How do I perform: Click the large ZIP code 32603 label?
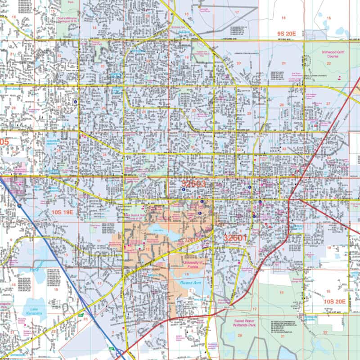tap(194, 184)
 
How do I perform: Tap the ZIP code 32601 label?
tap(236, 238)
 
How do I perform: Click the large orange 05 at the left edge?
tap(4, 142)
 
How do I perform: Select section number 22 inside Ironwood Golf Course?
tap(329, 64)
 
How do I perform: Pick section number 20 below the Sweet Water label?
tap(240, 335)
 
